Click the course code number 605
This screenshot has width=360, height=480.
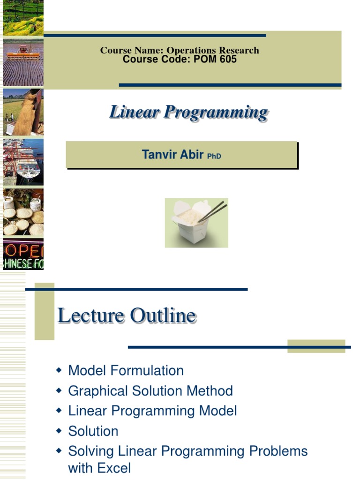tap(227, 60)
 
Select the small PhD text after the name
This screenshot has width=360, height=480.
tap(214, 156)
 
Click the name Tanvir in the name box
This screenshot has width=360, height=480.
tap(159, 155)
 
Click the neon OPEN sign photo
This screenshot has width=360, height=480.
tap(23, 254)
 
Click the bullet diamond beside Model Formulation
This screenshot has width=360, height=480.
tap(59, 370)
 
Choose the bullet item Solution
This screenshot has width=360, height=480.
tap(93, 431)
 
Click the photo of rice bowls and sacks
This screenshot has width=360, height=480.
tap(23, 212)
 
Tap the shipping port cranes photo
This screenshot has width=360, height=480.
tap(23, 162)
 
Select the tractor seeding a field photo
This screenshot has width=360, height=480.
tap(23, 62)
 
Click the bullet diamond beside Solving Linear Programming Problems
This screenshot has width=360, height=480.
tap(59, 451)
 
